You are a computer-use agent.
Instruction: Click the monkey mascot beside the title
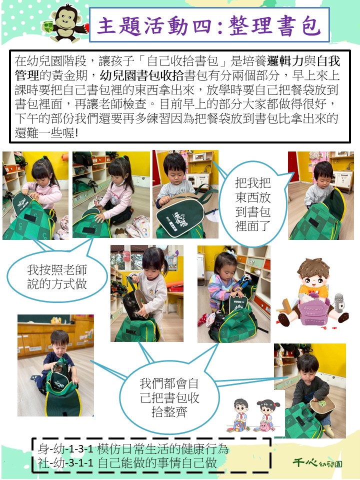[66, 23]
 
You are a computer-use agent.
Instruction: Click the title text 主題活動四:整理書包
[209, 25]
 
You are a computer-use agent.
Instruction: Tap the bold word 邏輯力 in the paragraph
[285, 61]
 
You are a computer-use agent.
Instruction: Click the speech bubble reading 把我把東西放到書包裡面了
[253, 204]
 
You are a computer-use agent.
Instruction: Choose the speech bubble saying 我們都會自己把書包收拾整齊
[169, 397]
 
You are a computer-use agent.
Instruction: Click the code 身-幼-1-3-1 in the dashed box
[65, 449]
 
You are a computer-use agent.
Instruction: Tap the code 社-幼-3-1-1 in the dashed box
[65, 462]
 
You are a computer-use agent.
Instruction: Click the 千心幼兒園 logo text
[317, 462]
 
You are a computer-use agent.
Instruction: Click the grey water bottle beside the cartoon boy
[338, 303]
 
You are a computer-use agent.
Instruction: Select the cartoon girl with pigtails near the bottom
[266, 415]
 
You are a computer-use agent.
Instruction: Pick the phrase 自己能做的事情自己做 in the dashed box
[157, 462]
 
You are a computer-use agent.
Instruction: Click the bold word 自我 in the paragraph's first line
[328, 61]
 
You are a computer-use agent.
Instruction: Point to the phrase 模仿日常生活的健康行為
[163, 449]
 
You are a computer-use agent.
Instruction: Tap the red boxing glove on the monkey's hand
[87, 27]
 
